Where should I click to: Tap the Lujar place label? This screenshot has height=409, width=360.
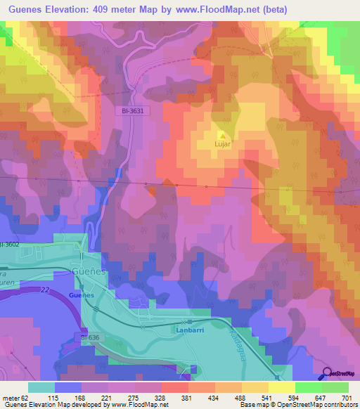point(223,145)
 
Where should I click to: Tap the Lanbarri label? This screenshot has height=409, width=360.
point(190,328)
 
